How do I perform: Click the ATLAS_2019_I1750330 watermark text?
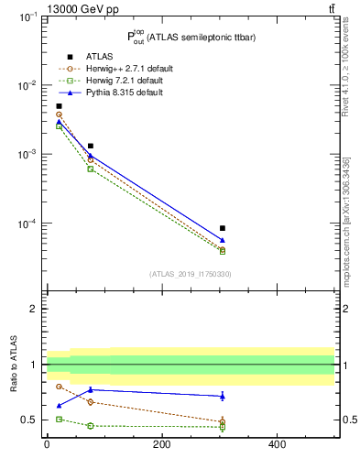(x=190, y=274)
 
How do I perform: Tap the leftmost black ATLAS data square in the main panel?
(x=59, y=106)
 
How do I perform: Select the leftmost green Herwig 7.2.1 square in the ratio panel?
(x=59, y=419)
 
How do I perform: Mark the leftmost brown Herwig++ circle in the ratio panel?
(x=59, y=387)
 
